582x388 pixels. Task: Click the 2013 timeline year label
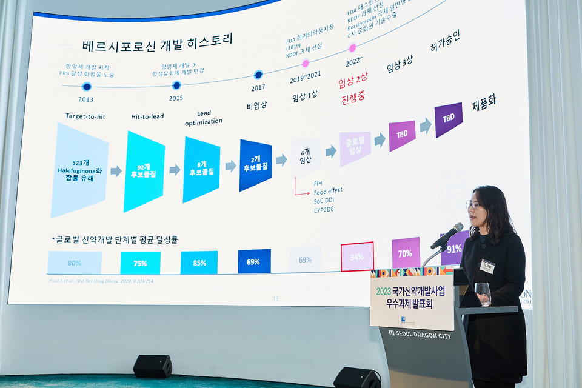coord(86,99)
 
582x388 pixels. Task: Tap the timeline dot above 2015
coord(176,85)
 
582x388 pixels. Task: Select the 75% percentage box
coord(140,263)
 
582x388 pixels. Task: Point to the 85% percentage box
coord(199,263)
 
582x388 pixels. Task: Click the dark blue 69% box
coord(254,261)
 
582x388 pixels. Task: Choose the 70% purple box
coord(406,253)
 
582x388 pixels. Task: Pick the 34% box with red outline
coord(357,256)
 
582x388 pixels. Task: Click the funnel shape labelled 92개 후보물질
coord(144,172)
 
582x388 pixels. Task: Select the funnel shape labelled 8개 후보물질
coord(201,169)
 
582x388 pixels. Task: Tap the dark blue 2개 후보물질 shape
coord(255,165)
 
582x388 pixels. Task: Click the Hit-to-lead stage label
coord(147,116)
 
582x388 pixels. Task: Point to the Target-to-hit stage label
coord(85,116)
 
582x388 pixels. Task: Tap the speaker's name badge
coord(487,266)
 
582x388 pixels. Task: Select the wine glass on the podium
coord(483,293)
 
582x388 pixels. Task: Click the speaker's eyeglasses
coord(473,205)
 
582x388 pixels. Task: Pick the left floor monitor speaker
coord(152,366)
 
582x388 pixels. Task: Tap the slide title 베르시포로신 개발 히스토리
coord(157,43)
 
